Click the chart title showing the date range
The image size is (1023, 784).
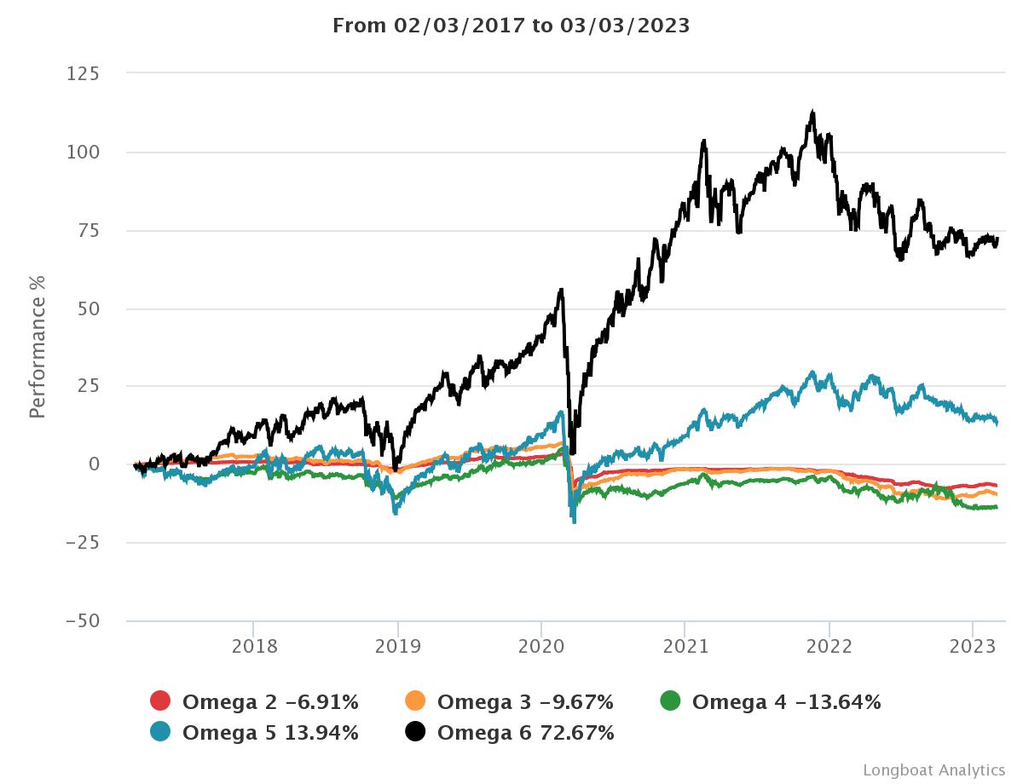pyautogui.click(x=511, y=26)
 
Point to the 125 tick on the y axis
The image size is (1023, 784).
pyautogui.click(x=83, y=74)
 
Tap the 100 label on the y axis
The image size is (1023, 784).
pyautogui.click(x=83, y=153)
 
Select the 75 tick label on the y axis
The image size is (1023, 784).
pyautogui.click(x=88, y=231)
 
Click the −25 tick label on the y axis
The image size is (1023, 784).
pyautogui.click(x=83, y=542)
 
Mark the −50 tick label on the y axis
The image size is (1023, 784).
pyautogui.click(x=83, y=620)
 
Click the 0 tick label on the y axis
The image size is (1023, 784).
pyautogui.click(x=94, y=464)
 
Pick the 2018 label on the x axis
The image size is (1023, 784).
pyautogui.click(x=254, y=647)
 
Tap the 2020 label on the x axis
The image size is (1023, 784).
pyautogui.click(x=541, y=647)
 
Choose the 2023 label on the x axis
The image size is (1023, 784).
pyautogui.click(x=973, y=647)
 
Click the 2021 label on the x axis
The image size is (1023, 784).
pyautogui.click(x=685, y=647)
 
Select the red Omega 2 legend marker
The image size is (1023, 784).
pyautogui.click(x=161, y=702)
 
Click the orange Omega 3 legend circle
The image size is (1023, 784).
pyautogui.click(x=416, y=702)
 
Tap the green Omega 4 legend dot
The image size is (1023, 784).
pyautogui.click(x=671, y=702)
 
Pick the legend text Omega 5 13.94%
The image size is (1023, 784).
pyautogui.click(x=270, y=732)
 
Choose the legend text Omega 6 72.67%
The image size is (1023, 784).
pyautogui.click(x=525, y=732)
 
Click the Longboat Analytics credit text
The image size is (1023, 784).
pyautogui.click(x=933, y=770)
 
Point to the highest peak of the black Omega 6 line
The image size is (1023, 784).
pyautogui.click(x=813, y=111)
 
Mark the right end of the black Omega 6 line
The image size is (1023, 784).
pyautogui.click(x=997, y=240)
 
